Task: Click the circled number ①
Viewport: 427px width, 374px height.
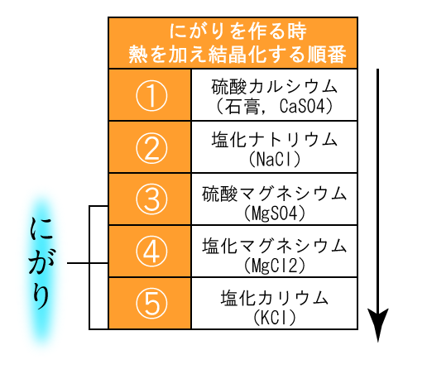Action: [x=151, y=95]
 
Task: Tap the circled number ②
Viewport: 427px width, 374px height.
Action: [x=151, y=148]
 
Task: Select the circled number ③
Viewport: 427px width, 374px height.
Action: [x=151, y=199]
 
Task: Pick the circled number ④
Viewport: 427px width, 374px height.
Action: [x=151, y=252]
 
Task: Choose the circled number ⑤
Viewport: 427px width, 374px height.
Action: [x=151, y=304]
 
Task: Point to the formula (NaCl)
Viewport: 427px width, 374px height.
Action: [x=275, y=159]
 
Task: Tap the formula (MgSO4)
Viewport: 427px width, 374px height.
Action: [x=275, y=213]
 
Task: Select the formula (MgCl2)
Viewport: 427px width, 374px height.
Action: [x=275, y=265]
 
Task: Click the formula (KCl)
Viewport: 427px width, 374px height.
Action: [x=275, y=318]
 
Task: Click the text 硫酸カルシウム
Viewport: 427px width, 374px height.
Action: [x=275, y=87]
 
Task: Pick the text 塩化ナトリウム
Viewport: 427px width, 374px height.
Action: [x=275, y=140]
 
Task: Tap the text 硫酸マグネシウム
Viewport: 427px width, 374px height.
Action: [x=275, y=194]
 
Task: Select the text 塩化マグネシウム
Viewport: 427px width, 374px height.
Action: [x=275, y=246]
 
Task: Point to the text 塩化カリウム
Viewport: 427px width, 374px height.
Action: [x=275, y=298]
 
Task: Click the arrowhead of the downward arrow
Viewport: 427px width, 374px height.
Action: [x=378, y=325]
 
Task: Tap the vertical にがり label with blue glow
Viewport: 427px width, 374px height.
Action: [x=41, y=263]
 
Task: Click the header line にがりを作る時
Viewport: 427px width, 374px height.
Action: [x=237, y=31]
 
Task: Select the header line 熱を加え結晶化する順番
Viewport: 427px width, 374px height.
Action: [x=237, y=55]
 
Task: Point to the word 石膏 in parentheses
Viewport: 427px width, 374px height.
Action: [x=242, y=107]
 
